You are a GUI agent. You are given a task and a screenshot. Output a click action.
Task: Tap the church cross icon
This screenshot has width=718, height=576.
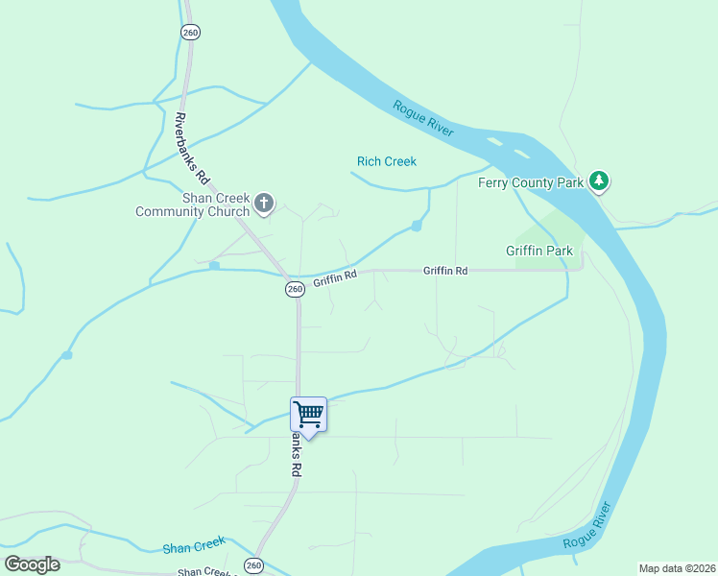pyautogui.click(x=264, y=204)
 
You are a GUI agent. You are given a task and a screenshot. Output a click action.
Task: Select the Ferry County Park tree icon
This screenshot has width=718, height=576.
pyautogui.click(x=599, y=181)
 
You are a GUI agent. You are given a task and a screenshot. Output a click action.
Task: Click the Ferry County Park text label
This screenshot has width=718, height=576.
pyautogui.click(x=531, y=182)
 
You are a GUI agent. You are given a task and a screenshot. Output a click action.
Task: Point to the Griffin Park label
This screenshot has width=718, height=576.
pyautogui.click(x=539, y=252)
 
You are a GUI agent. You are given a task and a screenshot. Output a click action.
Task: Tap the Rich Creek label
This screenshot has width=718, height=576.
pyautogui.click(x=387, y=161)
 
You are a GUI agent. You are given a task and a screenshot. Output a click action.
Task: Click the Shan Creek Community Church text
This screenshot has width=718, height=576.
pyautogui.click(x=192, y=204)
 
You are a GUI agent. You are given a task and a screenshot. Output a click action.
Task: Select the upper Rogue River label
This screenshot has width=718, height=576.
pyautogui.click(x=423, y=120)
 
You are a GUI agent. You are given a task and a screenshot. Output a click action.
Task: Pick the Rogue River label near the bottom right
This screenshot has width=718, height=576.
pyautogui.click(x=587, y=525)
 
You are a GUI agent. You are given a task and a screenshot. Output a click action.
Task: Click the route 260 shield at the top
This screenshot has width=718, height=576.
pyautogui.click(x=190, y=31)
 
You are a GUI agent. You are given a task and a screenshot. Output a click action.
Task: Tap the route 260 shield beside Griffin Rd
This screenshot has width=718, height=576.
pyautogui.click(x=295, y=289)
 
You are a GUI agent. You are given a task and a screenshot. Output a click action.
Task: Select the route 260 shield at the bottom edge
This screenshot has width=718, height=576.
pyautogui.click(x=253, y=565)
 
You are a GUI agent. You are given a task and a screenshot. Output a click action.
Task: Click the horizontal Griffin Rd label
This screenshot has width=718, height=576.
pyautogui.click(x=445, y=272)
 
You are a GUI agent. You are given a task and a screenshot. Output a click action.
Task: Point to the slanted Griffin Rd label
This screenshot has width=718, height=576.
pyautogui.click(x=334, y=279)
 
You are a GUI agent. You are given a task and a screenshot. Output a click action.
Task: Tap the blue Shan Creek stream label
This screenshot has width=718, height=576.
pyautogui.click(x=193, y=547)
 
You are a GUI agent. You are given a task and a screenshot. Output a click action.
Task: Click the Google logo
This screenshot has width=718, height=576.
pyautogui.click(x=31, y=564)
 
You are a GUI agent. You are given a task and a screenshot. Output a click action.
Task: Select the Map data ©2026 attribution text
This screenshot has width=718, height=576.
pyautogui.click(x=677, y=568)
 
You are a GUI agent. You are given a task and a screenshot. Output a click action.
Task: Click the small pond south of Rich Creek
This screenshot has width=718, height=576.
pyautogui.click(x=416, y=226)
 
